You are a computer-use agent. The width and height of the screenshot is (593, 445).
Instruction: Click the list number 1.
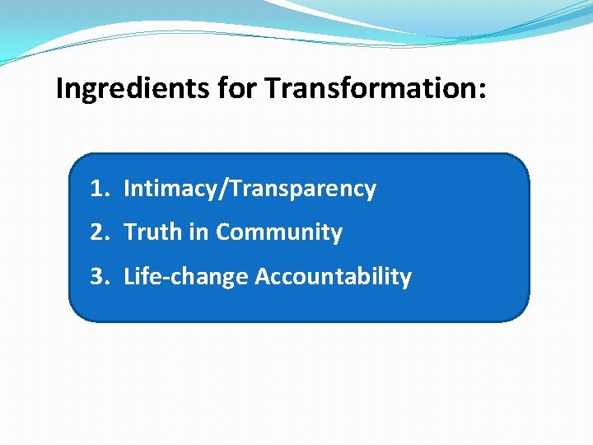(x=98, y=189)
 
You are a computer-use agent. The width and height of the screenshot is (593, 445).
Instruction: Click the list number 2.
(x=98, y=232)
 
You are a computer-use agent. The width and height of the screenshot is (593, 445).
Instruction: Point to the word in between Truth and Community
(x=199, y=232)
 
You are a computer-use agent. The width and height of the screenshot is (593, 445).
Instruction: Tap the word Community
(x=278, y=232)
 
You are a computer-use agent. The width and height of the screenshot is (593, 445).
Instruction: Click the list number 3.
(x=98, y=277)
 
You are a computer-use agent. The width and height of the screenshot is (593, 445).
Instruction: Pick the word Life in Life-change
(x=138, y=277)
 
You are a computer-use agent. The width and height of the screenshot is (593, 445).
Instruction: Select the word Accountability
(x=333, y=277)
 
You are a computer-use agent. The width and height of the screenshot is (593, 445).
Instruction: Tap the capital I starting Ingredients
(x=59, y=88)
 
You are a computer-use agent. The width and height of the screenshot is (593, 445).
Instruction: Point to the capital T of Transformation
(x=272, y=88)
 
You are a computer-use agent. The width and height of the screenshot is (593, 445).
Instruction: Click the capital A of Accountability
(x=262, y=277)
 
